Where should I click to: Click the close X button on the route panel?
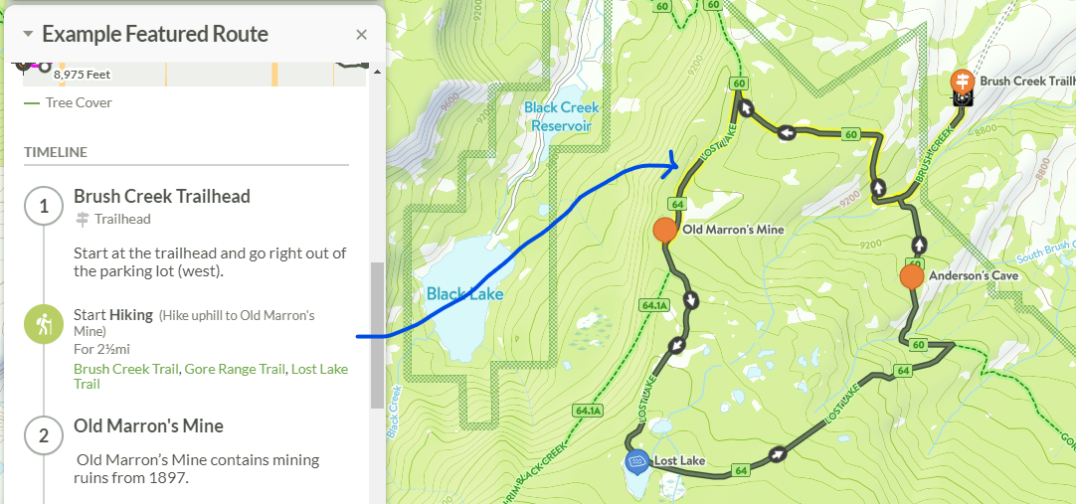click(361, 35)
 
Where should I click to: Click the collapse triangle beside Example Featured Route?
click(28, 34)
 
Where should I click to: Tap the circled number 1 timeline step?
click(43, 207)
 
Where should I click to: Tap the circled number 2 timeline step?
click(43, 435)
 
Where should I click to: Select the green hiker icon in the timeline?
click(43, 325)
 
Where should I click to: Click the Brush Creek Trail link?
click(126, 369)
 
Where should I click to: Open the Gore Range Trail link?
click(235, 369)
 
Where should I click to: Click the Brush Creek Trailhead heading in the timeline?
click(162, 196)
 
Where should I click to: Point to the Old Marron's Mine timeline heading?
click(148, 425)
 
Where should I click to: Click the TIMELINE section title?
click(56, 152)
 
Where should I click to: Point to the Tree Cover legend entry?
click(79, 102)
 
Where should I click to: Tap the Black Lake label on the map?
click(464, 294)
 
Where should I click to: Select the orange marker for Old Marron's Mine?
click(664, 231)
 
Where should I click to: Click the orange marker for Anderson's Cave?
click(911, 276)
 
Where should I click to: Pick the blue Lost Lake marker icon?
click(637, 460)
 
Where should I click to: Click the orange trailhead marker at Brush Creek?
click(962, 80)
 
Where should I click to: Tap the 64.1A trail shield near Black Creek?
click(589, 411)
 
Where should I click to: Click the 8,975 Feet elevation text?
click(82, 75)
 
